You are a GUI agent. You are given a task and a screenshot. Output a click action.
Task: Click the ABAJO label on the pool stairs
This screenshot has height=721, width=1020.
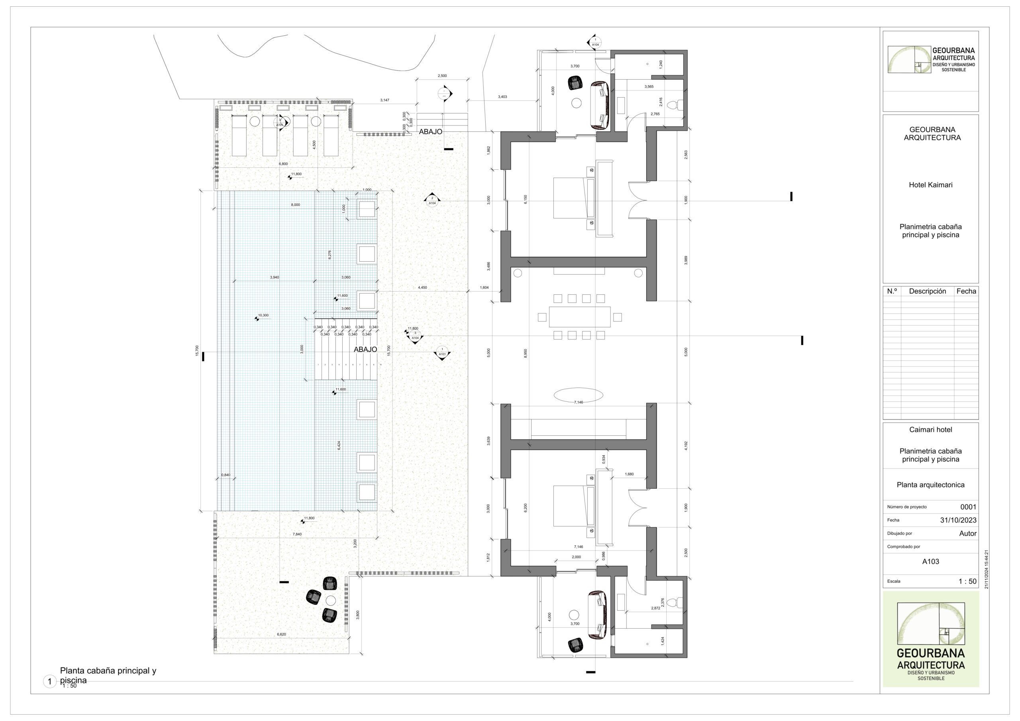point(365,350)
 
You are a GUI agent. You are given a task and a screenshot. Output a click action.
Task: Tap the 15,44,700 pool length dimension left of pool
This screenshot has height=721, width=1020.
point(197,351)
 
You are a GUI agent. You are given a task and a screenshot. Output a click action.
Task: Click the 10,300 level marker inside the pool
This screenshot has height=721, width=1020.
point(263,315)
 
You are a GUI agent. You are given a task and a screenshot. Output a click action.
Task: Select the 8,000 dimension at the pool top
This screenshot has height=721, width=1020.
point(295,205)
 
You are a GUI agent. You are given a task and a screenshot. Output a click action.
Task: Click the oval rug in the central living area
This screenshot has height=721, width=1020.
point(578,394)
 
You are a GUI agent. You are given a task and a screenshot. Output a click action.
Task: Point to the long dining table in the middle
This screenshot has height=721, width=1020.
point(579,317)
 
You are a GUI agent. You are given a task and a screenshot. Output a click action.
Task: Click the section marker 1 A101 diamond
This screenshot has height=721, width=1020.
point(442,353)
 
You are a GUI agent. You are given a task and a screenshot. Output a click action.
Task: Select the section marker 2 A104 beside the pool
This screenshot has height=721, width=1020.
point(432,201)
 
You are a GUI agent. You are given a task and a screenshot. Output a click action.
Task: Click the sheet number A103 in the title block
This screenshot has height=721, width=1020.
point(930,562)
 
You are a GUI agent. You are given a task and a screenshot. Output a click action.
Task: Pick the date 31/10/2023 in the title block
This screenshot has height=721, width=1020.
point(958,520)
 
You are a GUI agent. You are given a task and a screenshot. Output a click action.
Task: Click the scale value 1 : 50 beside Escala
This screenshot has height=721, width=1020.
point(967,582)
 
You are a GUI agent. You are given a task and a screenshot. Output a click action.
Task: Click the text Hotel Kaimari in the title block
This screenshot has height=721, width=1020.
point(930,185)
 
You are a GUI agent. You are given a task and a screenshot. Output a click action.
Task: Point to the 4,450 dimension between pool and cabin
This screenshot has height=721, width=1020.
point(422,288)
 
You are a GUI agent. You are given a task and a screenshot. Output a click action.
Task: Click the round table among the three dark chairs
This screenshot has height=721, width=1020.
point(330,601)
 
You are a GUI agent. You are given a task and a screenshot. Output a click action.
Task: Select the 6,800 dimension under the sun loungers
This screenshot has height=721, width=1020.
point(283,164)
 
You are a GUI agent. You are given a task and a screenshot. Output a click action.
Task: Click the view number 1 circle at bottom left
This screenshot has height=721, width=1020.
point(50,682)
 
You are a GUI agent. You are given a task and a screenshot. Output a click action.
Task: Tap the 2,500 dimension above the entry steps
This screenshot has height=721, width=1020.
point(442,76)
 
